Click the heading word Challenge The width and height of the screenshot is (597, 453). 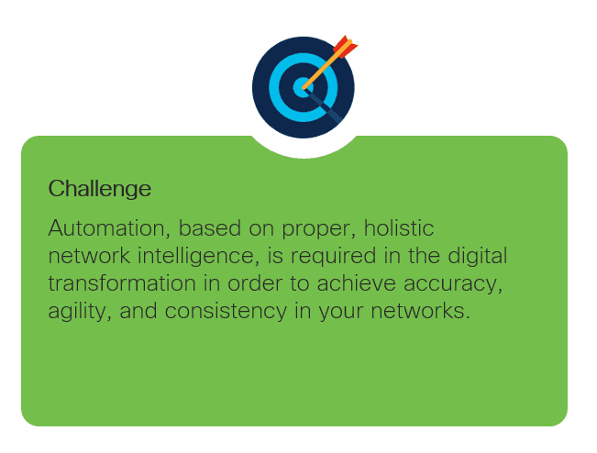click(100, 189)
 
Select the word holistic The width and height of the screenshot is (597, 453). click(399, 227)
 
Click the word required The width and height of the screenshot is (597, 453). click(334, 257)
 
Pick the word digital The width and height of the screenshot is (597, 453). click(478, 256)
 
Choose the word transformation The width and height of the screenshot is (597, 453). click(122, 283)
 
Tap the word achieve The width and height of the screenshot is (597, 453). click(357, 283)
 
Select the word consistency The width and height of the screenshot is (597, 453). click(226, 312)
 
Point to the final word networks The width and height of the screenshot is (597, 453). click(420, 311)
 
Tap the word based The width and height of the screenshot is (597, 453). click(210, 227)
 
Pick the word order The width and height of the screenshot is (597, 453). click(255, 283)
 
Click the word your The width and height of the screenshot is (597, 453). click(341, 313)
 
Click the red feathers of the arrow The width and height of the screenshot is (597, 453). click(346, 47)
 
